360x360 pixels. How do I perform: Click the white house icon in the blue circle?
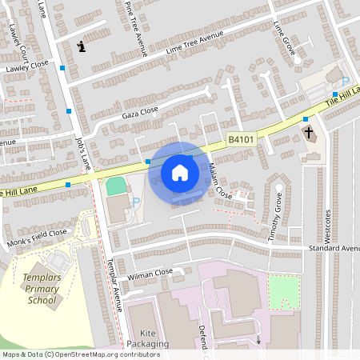pyautogui.click(x=180, y=172)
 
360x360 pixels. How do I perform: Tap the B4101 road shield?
pyautogui.click(x=240, y=138)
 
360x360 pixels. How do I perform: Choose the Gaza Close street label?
pyautogui.click(x=140, y=111)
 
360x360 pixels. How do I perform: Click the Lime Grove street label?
pyautogui.click(x=284, y=38)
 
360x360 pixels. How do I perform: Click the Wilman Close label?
pyautogui.click(x=150, y=273)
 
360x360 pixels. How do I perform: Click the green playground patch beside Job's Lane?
pyautogui.click(x=117, y=186)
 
